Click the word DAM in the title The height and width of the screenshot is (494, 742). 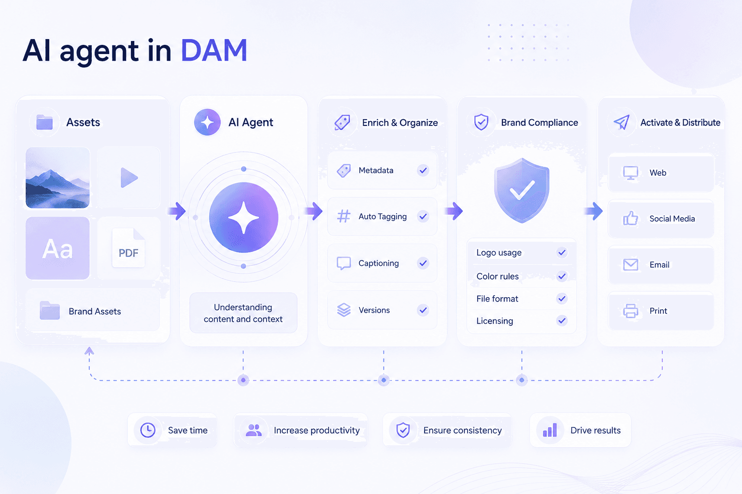click(214, 50)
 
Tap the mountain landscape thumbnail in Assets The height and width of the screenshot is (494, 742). click(57, 178)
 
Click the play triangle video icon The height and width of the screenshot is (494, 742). click(129, 178)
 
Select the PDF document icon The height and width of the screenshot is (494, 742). click(128, 248)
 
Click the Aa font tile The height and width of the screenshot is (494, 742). click(57, 248)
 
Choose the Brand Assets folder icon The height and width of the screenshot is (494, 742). click(50, 310)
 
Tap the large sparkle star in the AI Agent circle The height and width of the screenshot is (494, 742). click(243, 218)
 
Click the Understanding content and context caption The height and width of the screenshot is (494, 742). click(243, 313)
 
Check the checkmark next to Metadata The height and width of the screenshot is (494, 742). click(423, 170)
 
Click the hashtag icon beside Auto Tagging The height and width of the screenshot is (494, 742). click(343, 217)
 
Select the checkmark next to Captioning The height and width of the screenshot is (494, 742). click(423, 263)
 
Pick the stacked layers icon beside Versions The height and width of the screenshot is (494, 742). click(344, 310)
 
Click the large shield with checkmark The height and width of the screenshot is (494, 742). click(522, 190)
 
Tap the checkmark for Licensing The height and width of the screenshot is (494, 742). click(562, 321)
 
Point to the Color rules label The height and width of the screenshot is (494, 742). click(498, 276)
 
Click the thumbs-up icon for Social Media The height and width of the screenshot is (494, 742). click(630, 219)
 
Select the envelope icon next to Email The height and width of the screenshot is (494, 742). click(630, 265)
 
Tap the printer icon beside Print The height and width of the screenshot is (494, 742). click(630, 311)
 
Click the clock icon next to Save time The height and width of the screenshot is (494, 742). click(148, 430)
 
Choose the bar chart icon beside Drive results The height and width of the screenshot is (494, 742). click(550, 430)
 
